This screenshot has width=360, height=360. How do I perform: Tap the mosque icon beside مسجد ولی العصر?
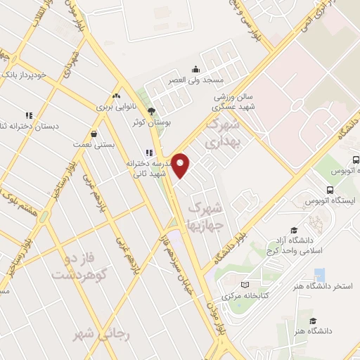(195, 70)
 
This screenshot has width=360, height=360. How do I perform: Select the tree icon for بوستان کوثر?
(151, 110)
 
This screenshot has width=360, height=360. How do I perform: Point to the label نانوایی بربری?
(114, 107)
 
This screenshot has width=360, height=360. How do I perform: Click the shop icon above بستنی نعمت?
(94, 134)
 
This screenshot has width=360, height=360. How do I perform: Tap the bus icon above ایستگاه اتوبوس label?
(330, 190)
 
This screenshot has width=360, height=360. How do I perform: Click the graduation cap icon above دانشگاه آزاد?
(294, 231)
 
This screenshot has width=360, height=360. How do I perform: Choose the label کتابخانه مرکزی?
(245, 296)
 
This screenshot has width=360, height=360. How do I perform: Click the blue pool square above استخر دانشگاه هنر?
(319, 274)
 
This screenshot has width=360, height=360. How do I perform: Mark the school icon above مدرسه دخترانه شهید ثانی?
(148, 153)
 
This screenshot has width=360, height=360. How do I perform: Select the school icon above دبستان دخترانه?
(29, 115)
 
